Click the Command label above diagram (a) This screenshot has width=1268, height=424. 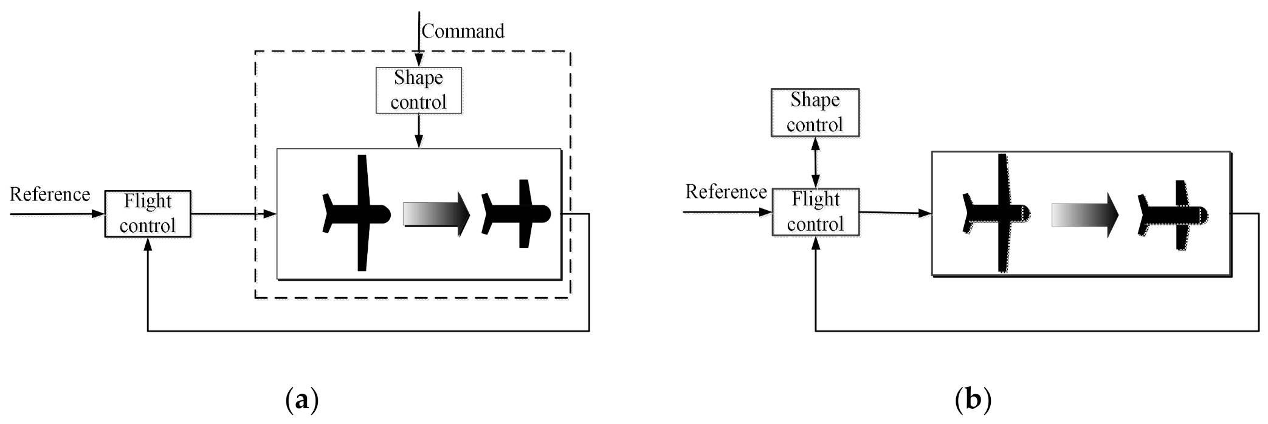tap(463, 31)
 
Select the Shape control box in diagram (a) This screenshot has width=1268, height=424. tap(419, 91)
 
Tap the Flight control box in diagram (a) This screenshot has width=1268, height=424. tap(148, 214)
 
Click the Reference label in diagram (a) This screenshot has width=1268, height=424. tap(50, 194)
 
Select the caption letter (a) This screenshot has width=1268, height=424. tap(301, 401)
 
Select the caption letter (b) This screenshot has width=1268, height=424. tap(973, 401)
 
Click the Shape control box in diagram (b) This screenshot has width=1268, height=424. tap(815, 112)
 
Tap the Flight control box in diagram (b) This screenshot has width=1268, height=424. tap(816, 212)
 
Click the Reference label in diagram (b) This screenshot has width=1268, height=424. tap(726, 192)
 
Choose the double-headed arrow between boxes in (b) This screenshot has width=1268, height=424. tap(816, 162)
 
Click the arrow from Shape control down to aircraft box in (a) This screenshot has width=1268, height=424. tap(419, 131)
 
